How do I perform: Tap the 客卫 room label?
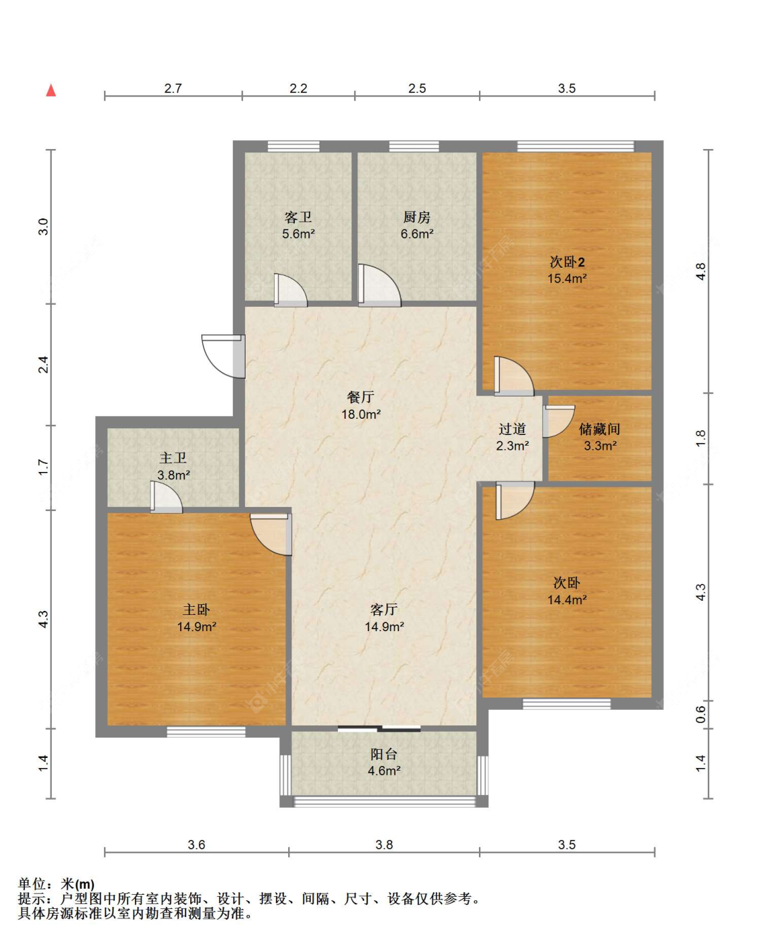(x=298, y=217)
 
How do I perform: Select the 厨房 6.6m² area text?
(x=416, y=234)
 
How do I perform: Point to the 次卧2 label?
(x=567, y=262)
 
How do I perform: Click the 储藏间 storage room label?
(x=600, y=429)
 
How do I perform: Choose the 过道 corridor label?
(x=512, y=429)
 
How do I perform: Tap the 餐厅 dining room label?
(x=360, y=397)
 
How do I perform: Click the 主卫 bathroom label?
(x=173, y=458)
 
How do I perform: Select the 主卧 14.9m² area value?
(x=196, y=626)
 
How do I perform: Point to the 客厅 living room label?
(x=384, y=610)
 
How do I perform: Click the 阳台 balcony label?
(x=384, y=754)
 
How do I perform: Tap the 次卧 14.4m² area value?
(x=567, y=599)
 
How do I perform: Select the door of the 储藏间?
(x=559, y=421)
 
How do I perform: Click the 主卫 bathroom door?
(x=166, y=497)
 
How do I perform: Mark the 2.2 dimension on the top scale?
(x=298, y=88)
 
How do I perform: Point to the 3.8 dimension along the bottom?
(x=384, y=845)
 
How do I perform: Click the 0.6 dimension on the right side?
(x=701, y=714)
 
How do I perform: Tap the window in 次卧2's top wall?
(x=575, y=146)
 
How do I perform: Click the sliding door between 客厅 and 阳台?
(x=379, y=728)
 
